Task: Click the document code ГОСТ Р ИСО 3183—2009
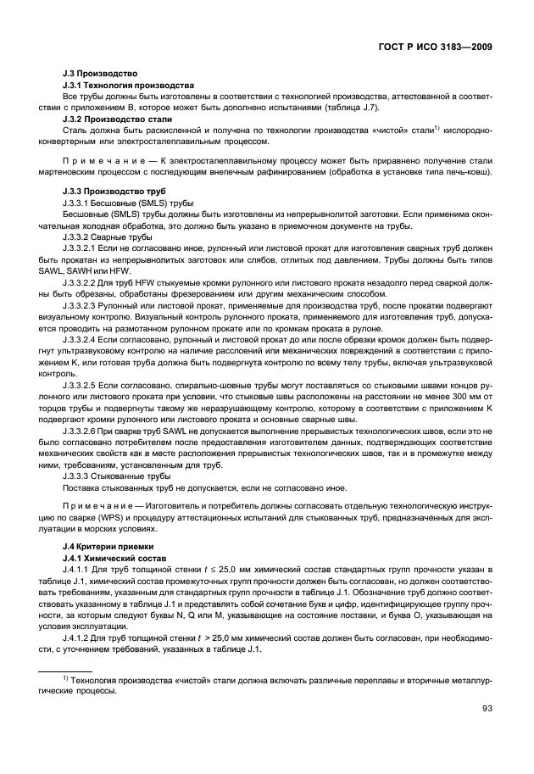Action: click(440, 47)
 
